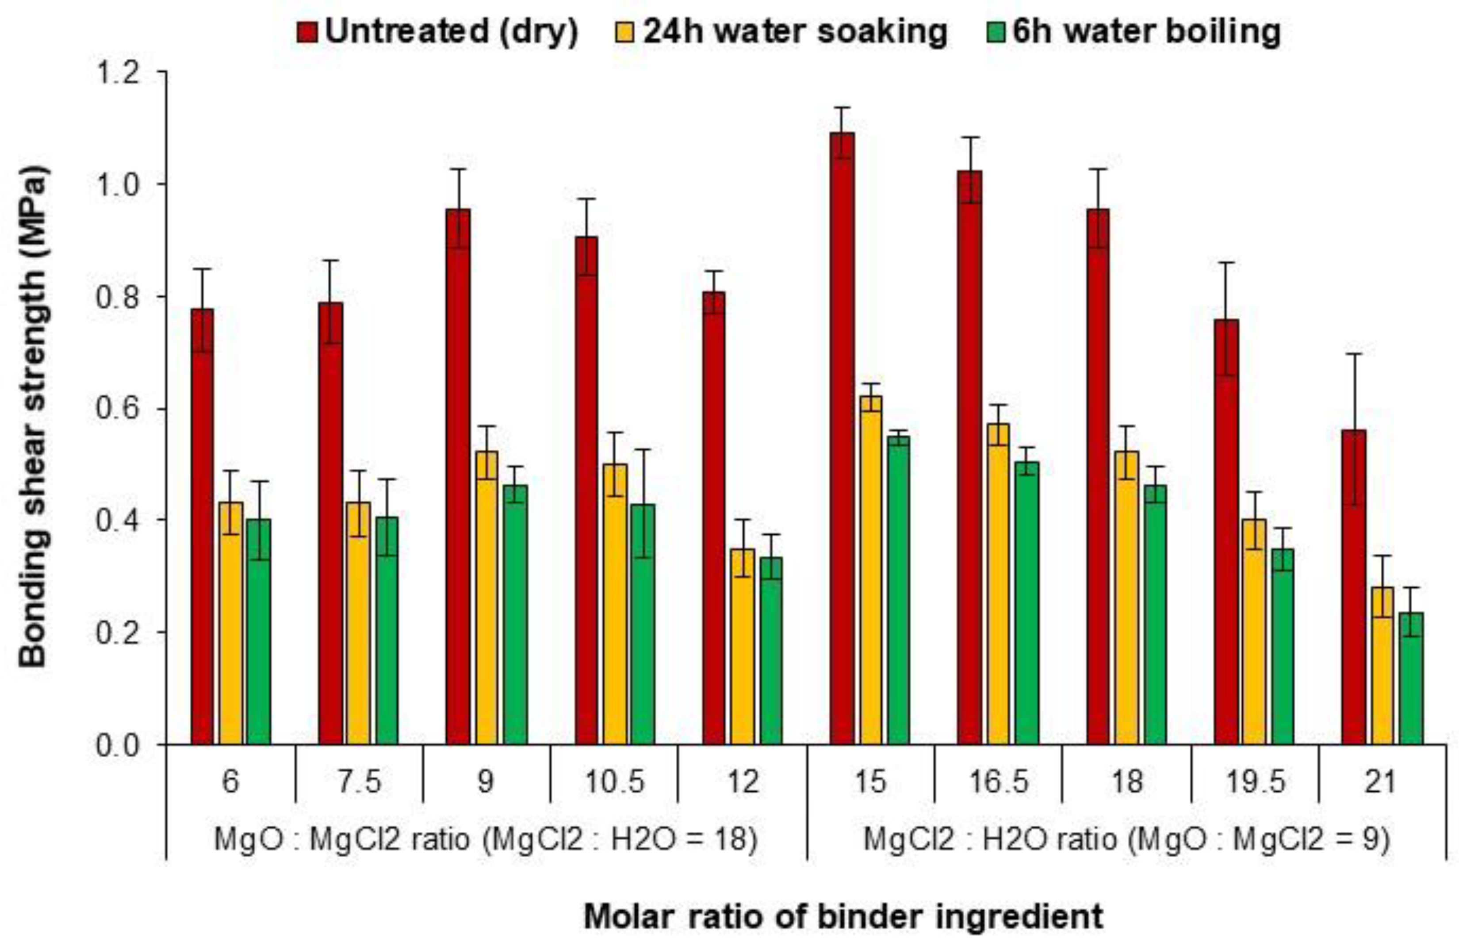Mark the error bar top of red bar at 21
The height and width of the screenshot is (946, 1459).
[1354, 354]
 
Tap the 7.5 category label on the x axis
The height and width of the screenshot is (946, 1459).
[359, 781]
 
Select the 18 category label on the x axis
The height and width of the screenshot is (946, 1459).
[1127, 781]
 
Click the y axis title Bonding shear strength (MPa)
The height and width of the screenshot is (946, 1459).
[34, 417]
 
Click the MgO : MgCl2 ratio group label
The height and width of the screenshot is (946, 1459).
[486, 839]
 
